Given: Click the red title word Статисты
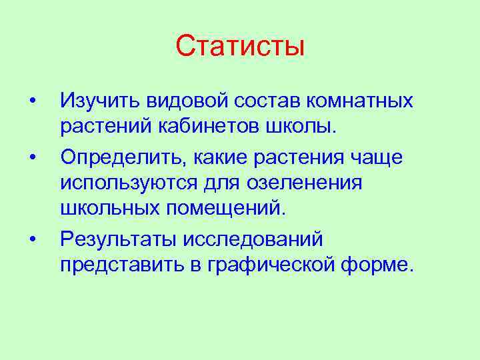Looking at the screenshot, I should tap(240, 46).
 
